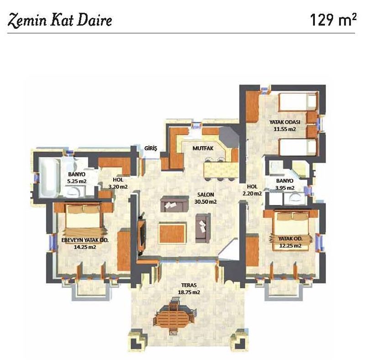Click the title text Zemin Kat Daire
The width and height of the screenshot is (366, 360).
[60, 20]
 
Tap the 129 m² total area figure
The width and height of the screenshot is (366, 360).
[333, 20]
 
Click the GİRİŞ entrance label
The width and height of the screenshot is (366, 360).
[151, 148]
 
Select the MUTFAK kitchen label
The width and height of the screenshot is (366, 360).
[203, 148]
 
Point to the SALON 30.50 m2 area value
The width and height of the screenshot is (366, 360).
[205, 201]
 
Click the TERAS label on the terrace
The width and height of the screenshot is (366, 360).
[189, 285]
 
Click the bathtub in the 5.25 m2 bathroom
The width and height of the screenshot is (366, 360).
[49, 178]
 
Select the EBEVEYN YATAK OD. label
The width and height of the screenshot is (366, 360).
[85, 240]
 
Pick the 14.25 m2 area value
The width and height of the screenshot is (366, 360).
[85, 247]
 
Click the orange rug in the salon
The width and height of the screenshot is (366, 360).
[172, 233]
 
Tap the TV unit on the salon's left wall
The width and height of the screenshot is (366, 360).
[141, 233]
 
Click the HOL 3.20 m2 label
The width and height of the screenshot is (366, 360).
[118, 183]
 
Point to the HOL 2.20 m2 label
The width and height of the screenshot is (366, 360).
[252, 190]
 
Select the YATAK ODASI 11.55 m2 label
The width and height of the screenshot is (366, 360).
[285, 126]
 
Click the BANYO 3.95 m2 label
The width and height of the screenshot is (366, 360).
[285, 184]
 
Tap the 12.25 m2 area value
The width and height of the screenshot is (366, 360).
[290, 246]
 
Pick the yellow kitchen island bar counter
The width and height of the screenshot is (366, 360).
[221, 170]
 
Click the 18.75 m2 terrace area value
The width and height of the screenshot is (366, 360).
[189, 292]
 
